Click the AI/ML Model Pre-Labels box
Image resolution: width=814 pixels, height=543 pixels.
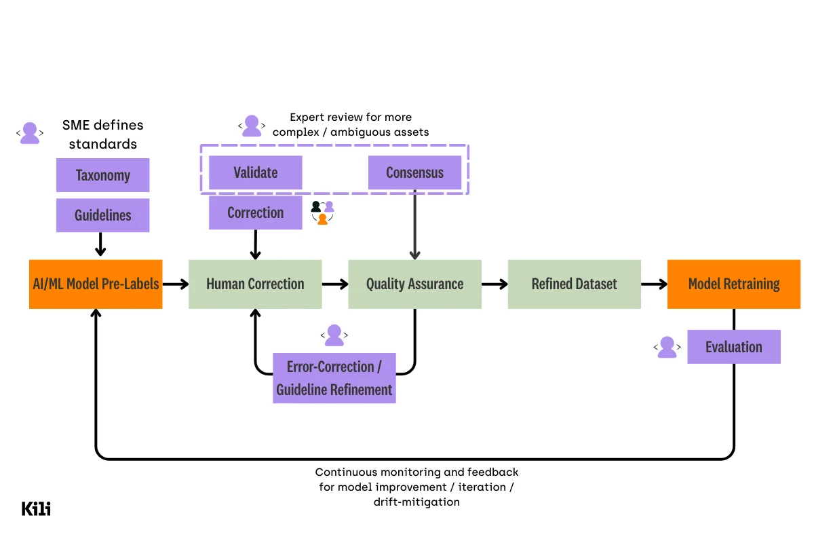(96, 284)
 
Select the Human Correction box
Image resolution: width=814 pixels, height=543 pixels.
(255, 284)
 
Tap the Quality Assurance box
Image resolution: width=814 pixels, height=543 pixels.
(414, 284)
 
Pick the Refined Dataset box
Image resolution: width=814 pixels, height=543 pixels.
(574, 284)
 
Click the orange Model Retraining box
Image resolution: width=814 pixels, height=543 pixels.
(733, 284)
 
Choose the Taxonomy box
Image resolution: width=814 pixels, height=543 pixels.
(102, 175)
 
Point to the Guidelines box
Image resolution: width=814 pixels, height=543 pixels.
(102, 215)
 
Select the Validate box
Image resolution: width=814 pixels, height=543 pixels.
(255, 172)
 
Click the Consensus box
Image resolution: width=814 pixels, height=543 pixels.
(414, 172)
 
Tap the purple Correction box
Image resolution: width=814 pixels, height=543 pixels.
(255, 212)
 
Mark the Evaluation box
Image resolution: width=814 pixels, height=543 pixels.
(733, 347)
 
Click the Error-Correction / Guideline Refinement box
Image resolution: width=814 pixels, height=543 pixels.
(334, 378)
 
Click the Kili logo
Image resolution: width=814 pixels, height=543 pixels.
(36, 508)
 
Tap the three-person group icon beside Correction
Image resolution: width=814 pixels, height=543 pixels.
(322, 212)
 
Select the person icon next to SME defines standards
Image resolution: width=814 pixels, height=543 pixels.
(30, 133)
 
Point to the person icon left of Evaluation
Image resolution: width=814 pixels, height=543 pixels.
(667, 347)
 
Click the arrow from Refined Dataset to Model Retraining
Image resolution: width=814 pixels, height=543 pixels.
(654, 284)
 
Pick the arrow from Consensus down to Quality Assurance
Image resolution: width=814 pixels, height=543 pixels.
(414, 224)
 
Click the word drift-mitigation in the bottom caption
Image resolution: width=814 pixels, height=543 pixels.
(416, 502)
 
